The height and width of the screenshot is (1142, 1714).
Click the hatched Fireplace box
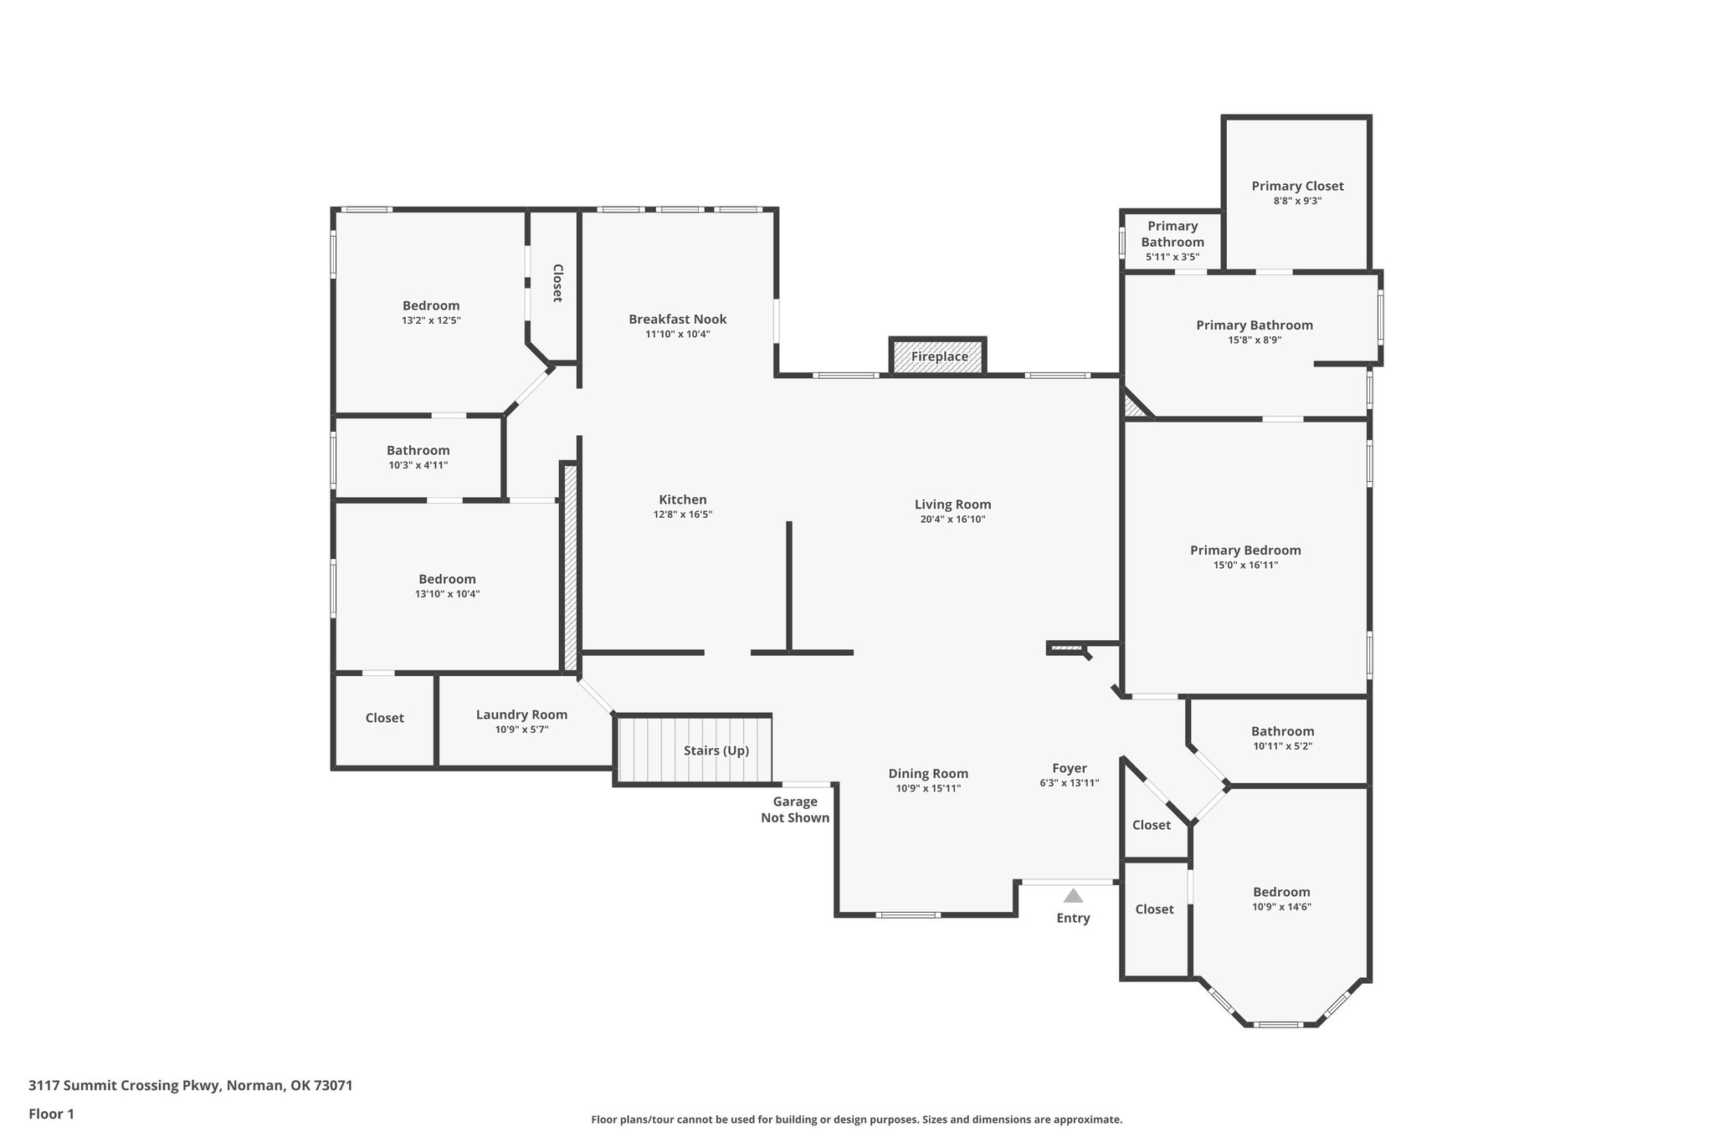point(938,356)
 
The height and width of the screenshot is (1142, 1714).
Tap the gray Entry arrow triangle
point(1073,896)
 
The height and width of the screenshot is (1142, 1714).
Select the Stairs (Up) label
point(716,750)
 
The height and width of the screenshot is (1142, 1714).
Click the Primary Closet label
point(1297,186)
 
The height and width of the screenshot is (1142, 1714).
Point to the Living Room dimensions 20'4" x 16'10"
point(952,520)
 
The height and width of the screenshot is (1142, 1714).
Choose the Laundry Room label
point(521,714)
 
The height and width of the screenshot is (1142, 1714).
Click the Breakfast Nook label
point(677,319)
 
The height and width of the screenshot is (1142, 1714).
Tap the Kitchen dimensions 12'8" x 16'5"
point(682,515)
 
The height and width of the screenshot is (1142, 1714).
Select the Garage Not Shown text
point(794,810)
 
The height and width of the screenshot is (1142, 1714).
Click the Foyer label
point(1069,768)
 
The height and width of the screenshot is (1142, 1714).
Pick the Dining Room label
point(928,774)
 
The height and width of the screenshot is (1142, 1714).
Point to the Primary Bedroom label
point(1245,550)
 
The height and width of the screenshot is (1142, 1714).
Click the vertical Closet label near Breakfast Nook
point(557,283)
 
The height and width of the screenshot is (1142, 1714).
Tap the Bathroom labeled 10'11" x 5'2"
point(1282,731)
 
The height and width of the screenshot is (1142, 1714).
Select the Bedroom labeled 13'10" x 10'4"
point(447,579)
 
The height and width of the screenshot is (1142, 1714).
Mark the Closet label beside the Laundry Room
point(384,718)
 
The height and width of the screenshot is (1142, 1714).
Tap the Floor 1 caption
point(52,1114)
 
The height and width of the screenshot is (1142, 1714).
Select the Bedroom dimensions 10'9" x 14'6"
point(1281,907)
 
